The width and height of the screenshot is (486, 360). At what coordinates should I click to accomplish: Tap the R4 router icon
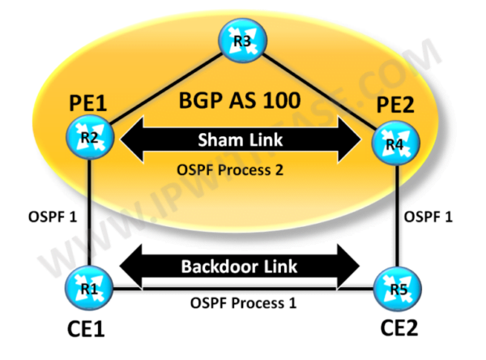point(392,146)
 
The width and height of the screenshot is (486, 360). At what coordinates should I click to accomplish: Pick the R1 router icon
point(88,286)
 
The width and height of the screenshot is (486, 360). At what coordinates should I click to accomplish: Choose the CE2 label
point(394,332)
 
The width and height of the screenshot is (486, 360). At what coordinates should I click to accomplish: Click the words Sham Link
point(241,139)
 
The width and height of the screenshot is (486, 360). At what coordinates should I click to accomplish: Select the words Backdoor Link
point(241,266)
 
